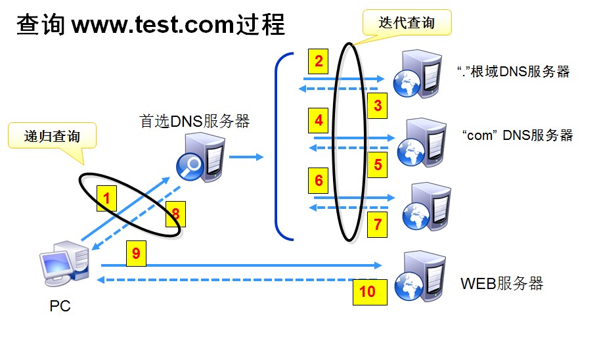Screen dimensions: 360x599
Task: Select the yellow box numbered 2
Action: point(319,62)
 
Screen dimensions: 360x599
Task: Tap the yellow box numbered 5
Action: point(378,164)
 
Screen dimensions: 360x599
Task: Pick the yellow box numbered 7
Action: point(377,224)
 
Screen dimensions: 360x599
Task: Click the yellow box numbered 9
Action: point(136,254)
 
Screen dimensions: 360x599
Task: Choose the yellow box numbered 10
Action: point(367,290)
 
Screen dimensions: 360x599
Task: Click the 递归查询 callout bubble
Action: point(52,137)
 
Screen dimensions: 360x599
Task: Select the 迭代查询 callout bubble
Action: point(407,23)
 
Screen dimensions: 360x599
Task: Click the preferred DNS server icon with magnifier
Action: point(198,157)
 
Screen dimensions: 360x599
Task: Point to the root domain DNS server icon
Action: point(414,73)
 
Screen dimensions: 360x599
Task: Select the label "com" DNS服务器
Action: point(517,135)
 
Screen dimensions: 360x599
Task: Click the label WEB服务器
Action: point(502,284)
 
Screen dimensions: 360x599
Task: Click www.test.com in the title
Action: point(152,25)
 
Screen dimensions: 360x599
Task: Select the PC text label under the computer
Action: point(60,306)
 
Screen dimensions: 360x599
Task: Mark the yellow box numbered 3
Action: point(378,104)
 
